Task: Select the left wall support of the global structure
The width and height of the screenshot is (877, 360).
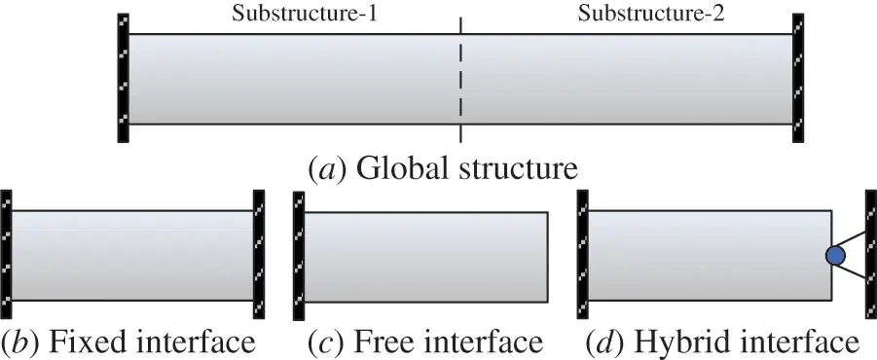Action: coord(123,79)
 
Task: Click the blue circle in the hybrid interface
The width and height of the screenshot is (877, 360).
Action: coord(835,256)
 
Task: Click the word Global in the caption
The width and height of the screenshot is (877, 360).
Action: coord(393,168)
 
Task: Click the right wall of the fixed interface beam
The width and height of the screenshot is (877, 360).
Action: coord(259,253)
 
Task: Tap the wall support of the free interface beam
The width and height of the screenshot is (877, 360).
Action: coord(298,253)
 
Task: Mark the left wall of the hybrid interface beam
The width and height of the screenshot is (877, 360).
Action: coord(582,253)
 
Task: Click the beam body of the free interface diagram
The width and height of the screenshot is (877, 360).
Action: coord(425,254)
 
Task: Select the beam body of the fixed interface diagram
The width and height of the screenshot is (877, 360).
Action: coord(131,254)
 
